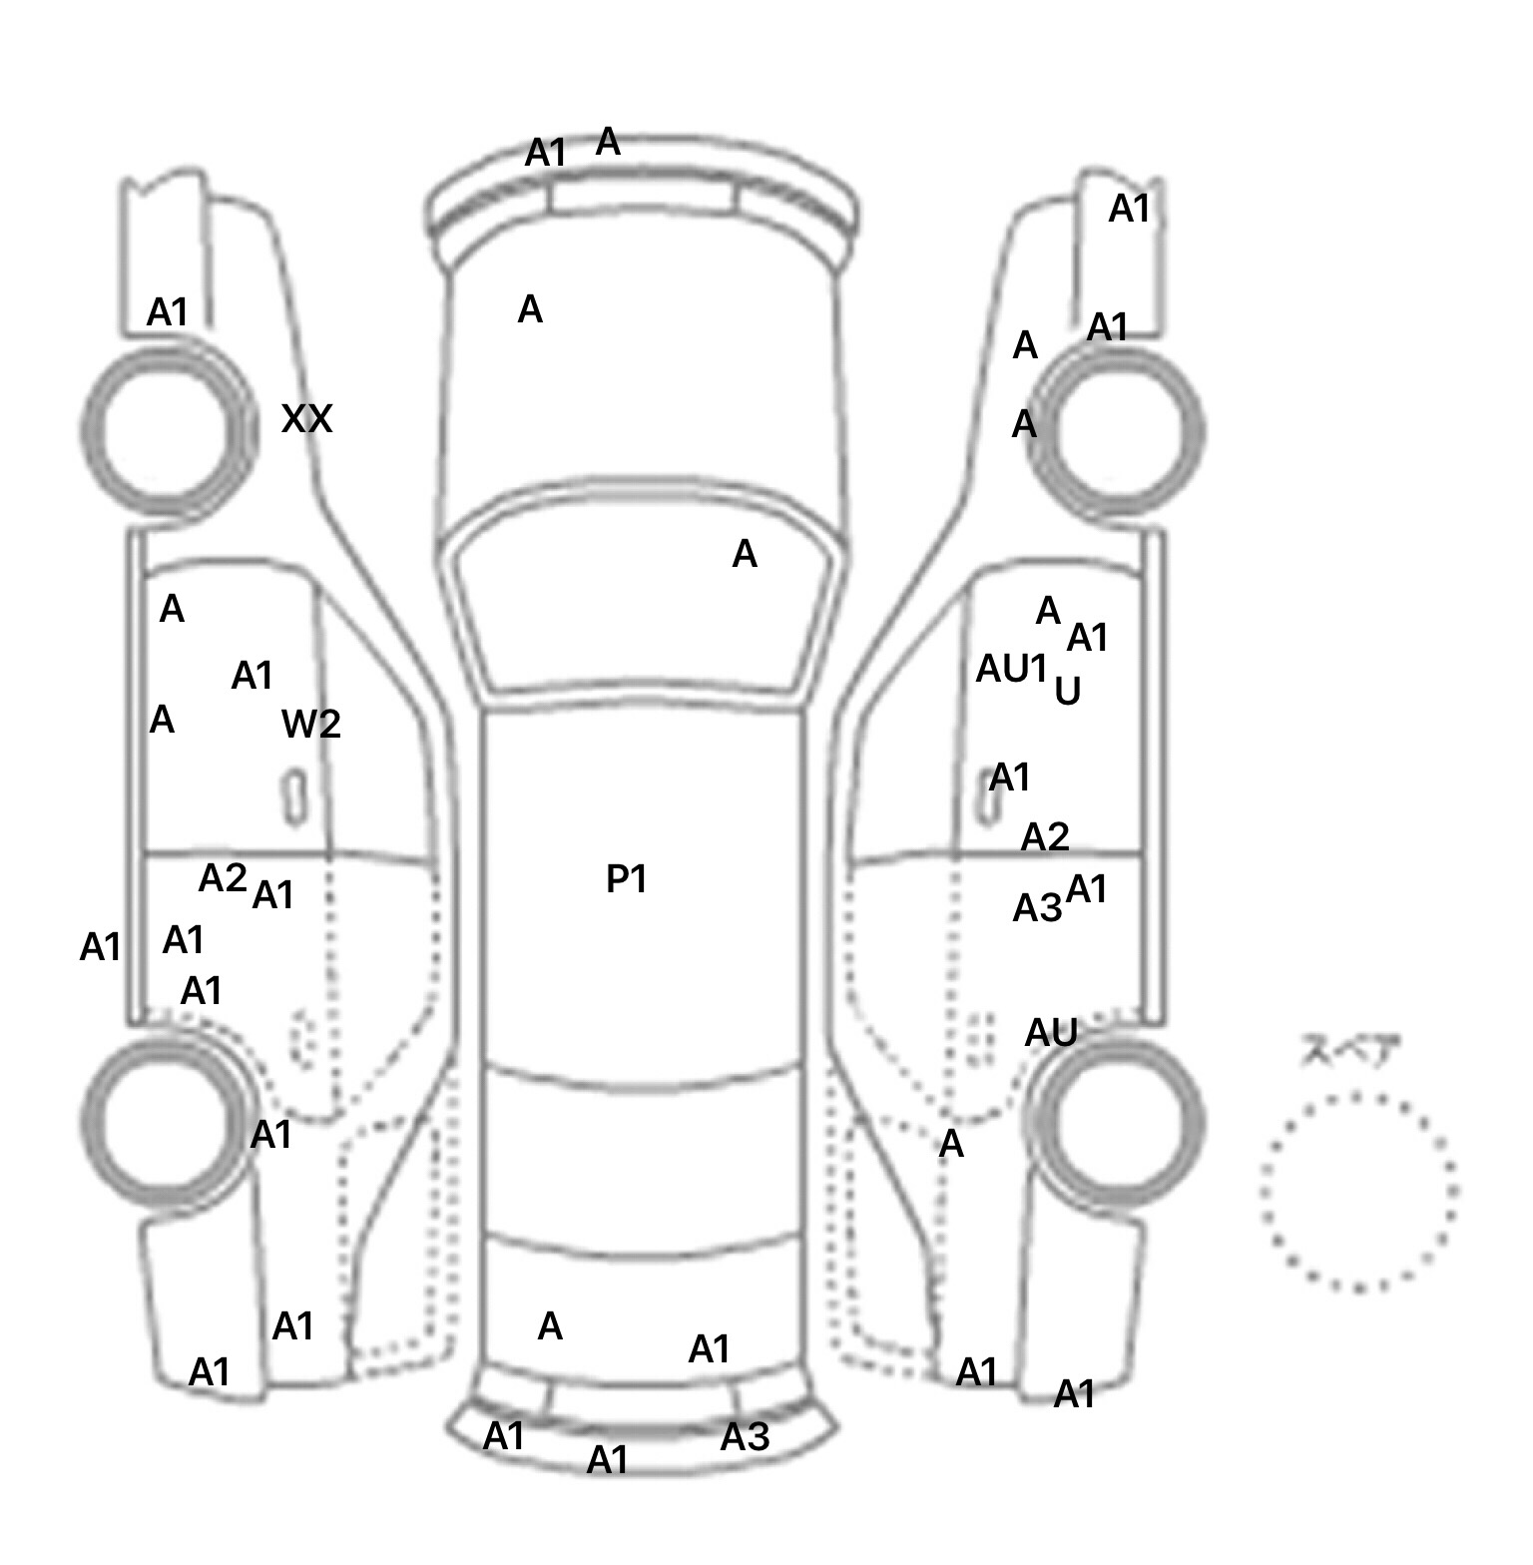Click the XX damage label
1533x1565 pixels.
[x=306, y=419]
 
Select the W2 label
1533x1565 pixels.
[x=311, y=725]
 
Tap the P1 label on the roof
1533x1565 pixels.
[x=627, y=879]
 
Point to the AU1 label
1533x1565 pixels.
[x=1011, y=669]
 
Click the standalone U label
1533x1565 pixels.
[x=1067, y=692]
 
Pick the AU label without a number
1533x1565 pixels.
[x=1051, y=1033]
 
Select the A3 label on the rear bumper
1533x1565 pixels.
[x=745, y=1437]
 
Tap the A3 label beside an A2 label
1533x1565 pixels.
[x=1037, y=908]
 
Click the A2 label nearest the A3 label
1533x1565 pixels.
[x=1045, y=836]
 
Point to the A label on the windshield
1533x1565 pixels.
[x=745, y=554]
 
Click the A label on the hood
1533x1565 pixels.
[x=530, y=310]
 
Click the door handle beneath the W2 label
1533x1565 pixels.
[x=294, y=796]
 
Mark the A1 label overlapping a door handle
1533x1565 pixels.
[x=1009, y=778]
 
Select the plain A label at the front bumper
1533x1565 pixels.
[x=608, y=143]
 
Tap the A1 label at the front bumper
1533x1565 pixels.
[x=546, y=154]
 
